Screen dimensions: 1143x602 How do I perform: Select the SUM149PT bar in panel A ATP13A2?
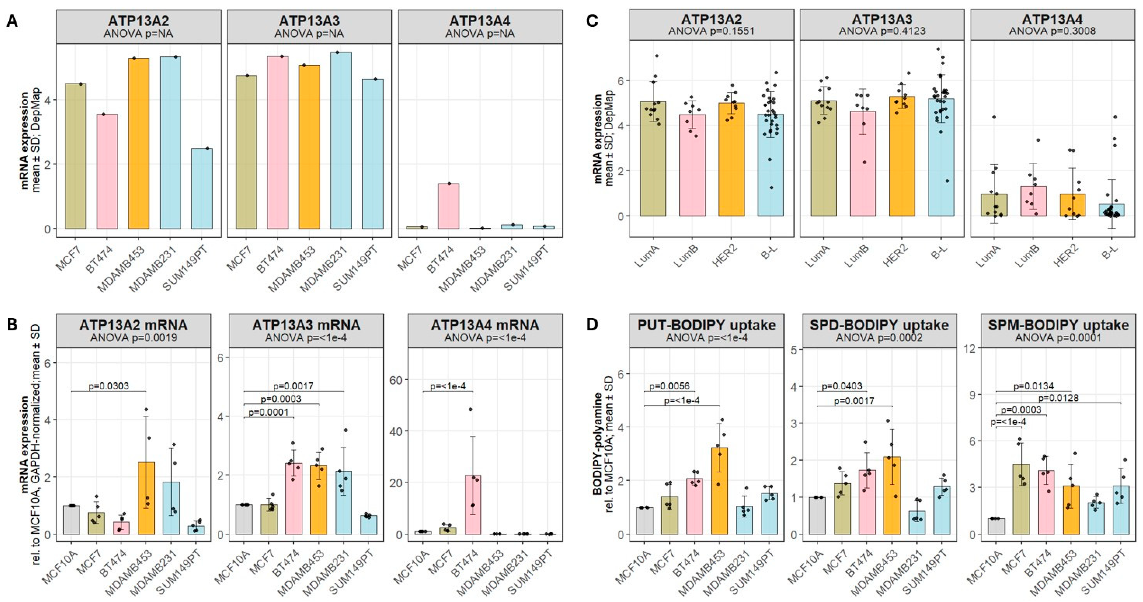point(202,188)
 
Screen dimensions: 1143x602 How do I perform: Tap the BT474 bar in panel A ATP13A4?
point(449,206)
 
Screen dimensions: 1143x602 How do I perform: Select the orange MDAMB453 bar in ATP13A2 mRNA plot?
point(146,498)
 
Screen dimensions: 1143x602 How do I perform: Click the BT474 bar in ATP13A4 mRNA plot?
point(473,505)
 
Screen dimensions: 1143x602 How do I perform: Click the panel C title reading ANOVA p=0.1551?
point(711,31)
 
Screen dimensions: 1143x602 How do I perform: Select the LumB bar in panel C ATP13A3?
point(863,164)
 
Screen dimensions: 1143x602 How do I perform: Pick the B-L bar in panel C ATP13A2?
point(770,165)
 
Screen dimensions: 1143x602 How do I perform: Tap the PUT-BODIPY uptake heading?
point(706,325)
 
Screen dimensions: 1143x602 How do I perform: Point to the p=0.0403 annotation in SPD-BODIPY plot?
point(841,386)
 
